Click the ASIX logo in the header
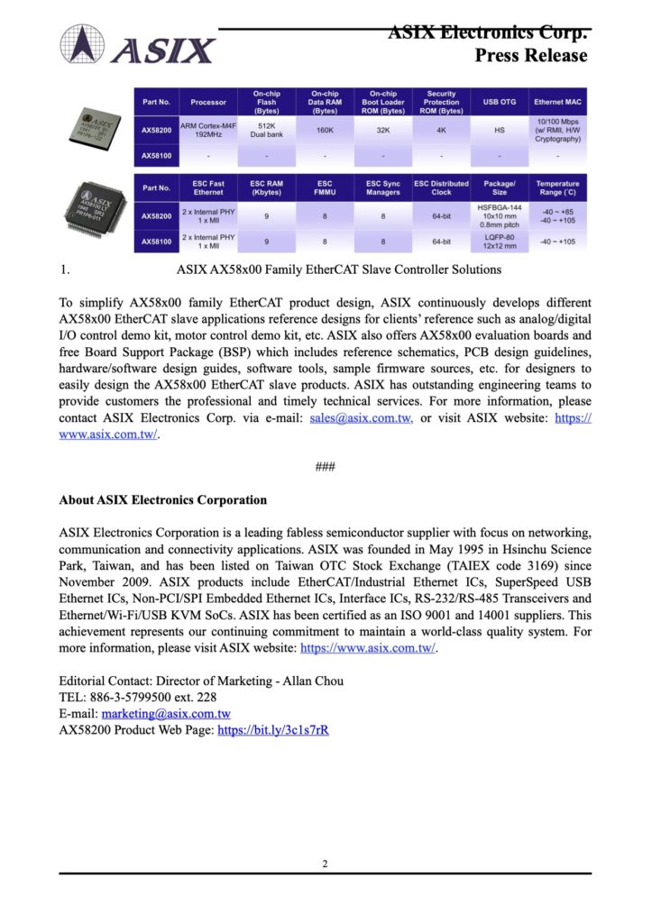pos(138,45)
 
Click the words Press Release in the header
pos(530,56)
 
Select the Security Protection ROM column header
pos(441,102)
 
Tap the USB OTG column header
pos(500,102)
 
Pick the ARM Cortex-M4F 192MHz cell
pos(207,130)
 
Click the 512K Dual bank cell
pos(266,130)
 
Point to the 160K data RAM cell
pos(325,130)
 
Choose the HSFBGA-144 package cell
pos(500,216)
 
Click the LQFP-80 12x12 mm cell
pos(500,242)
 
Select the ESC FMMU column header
pos(325,187)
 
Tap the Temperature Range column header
pos(558,187)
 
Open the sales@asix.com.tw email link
pos(361,419)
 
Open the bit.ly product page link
pos(272,730)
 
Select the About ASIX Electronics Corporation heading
pos(162,499)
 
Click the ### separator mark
pos(325,466)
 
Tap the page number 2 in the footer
pos(325,864)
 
